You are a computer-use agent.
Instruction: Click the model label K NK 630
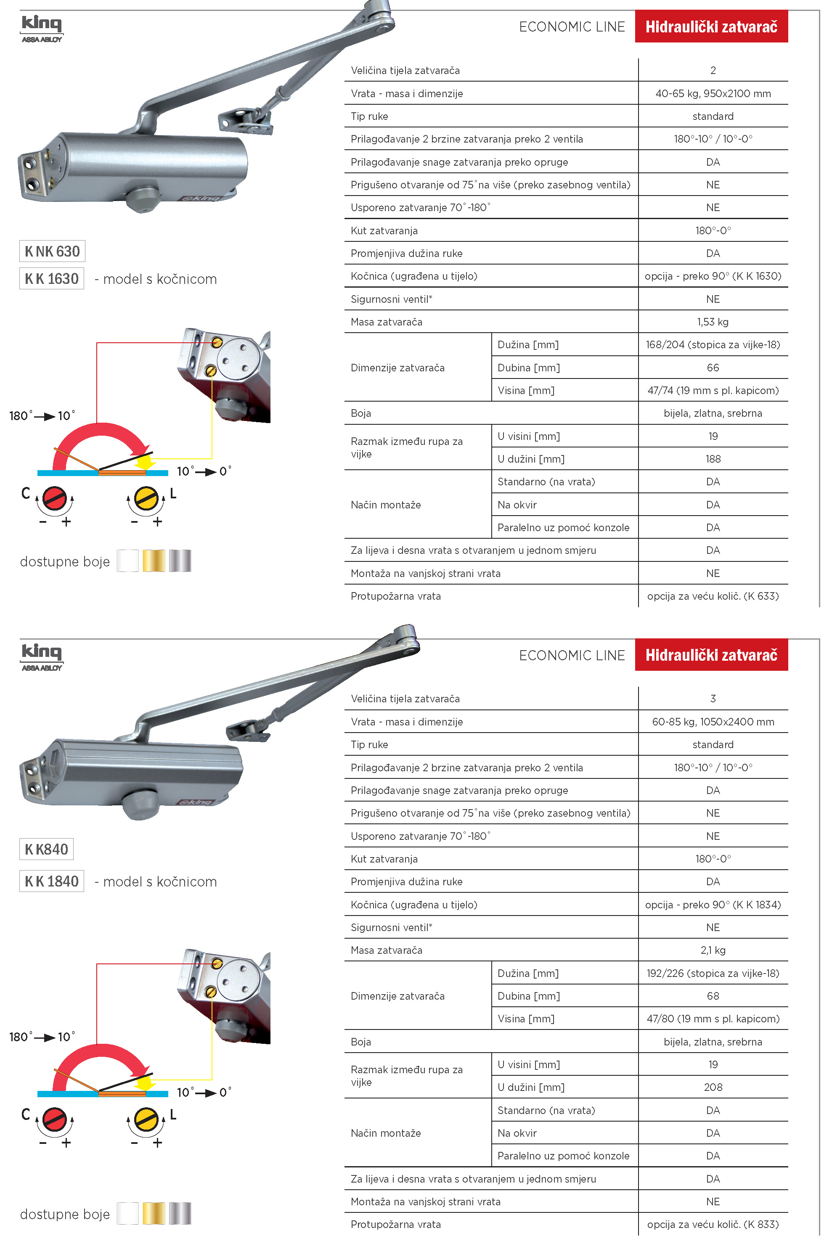tap(52, 251)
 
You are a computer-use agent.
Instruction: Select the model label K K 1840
tap(51, 881)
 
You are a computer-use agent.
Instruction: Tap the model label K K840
tap(47, 849)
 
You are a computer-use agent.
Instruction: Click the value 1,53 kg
tap(713, 322)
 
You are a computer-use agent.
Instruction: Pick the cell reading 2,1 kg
tap(713, 950)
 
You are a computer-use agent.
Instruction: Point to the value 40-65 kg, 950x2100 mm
tap(713, 94)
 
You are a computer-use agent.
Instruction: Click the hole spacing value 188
tap(713, 459)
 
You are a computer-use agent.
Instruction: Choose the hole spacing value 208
tap(713, 1087)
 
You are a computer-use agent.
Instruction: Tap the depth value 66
tap(713, 368)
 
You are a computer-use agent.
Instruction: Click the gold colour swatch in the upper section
tap(154, 561)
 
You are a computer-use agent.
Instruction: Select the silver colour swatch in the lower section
tap(180, 1213)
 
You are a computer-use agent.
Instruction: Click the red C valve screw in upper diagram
tap(55, 499)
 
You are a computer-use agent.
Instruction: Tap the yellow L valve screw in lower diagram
tap(146, 1119)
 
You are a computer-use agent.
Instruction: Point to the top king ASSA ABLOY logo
tap(42, 28)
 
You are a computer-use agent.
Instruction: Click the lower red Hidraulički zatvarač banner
tap(711, 655)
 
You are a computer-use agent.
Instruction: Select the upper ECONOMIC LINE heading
tap(572, 27)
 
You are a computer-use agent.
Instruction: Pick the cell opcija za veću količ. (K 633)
tap(713, 596)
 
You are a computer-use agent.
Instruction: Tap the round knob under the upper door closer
tap(143, 198)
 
